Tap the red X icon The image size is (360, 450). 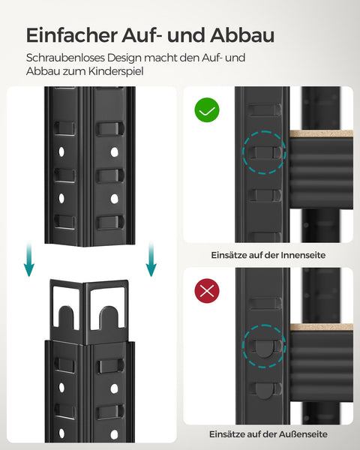(208, 292)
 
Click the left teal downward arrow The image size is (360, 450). (28, 259)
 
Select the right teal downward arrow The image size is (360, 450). (150, 259)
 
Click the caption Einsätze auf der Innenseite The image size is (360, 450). (268, 255)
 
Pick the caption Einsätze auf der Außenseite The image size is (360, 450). (268, 434)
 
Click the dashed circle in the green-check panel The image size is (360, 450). (263, 153)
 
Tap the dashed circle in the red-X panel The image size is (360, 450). (263, 344)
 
